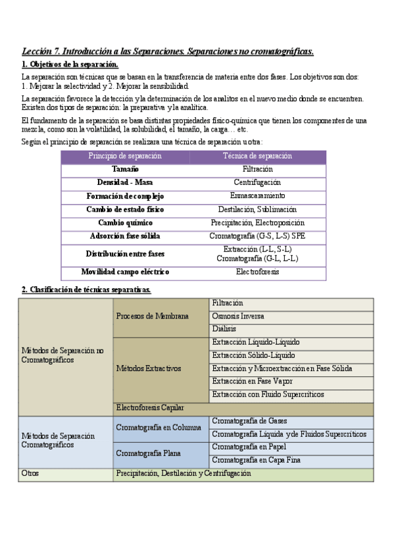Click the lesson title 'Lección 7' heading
[x=168, y=51]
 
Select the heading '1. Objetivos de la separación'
[x=70, y=64]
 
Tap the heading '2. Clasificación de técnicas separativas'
[x=87, y=290]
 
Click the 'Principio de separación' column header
[x=125, y=157]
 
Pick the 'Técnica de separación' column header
[x=257, y=157]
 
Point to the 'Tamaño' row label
[x=125, y=169]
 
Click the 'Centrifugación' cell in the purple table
[x=257, y=182]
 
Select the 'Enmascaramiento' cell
[x=257, y=195]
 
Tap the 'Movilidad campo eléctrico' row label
[x=125, y=272]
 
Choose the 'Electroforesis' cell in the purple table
[x=257, y=272]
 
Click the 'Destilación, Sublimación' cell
[x=257, y=209]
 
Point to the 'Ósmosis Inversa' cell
[x=239, y=316]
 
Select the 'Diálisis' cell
[x=225, y=328]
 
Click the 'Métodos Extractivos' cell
[x=149, y=368]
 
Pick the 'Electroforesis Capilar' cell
[x=150, y=408]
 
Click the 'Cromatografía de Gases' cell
[x=249, y=421]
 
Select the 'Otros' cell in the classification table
[x=31, y=473]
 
